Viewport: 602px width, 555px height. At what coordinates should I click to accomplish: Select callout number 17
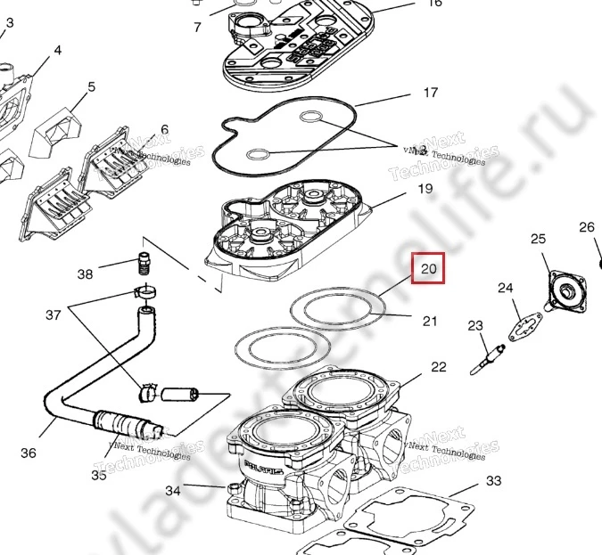coord(431,93)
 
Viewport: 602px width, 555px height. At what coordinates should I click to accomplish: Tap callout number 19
coord(425,189)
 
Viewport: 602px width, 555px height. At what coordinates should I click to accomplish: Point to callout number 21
coord(430,321)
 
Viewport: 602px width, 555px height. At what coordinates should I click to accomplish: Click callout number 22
coord(438,367)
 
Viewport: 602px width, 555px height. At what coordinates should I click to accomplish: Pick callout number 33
coord(493,481)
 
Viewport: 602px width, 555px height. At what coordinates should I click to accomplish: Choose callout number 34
coord(173,491)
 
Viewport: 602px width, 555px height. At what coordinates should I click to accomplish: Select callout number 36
coord(29,453)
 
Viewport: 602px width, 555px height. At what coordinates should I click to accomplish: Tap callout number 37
coord(54,314)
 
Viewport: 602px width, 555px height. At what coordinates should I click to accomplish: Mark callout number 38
coord(85,274)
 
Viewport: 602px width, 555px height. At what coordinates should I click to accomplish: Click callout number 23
coord(474,325)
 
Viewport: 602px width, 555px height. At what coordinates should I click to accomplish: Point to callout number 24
coord(506,288)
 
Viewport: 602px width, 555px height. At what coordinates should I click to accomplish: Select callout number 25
coord(538,239)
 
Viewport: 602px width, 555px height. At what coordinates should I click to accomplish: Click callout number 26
coord(586,227)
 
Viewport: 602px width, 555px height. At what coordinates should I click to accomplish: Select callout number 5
coord(91,87)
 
